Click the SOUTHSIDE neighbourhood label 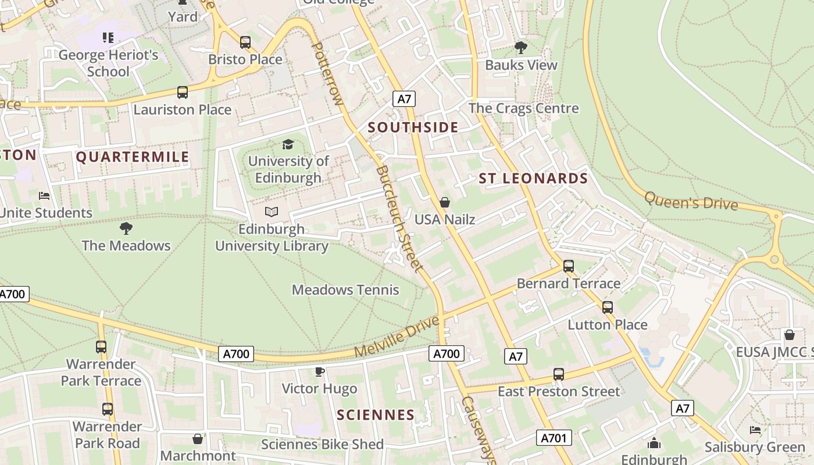tap(413, 128)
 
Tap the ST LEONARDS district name tap(533, 178)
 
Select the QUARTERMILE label tap(133, 157)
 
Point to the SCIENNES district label tap(376, 415)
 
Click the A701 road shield tap(554, 438)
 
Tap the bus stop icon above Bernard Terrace tap(569, 266)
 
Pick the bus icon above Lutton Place tap(608, 307)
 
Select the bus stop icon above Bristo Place tap(245, 42)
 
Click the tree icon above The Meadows tap(126, 228)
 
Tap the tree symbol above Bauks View tap(521, 48)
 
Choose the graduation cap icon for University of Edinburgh tap(288, 144)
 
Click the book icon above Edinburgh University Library tap(272, 212)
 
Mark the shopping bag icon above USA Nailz tap(445, 202)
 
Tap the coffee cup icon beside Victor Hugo tap(319, 371)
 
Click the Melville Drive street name tap(396, 337)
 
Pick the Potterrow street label tap(328, 73)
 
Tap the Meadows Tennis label tap(345, 289)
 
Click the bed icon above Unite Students tap(44, 196)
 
